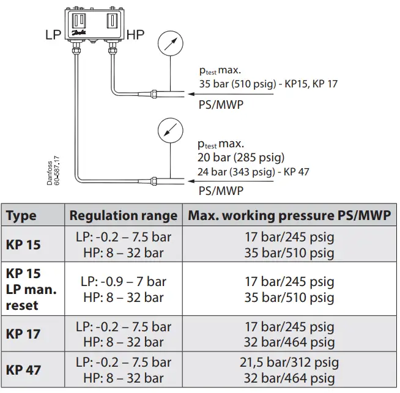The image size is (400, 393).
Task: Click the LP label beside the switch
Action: (54, 35)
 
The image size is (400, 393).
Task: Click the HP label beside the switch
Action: (135, 35)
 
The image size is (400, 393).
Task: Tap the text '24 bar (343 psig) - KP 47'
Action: (253, 172)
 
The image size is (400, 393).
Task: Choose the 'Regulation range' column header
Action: (123, 216)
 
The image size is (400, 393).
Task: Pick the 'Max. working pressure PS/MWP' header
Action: (289, 216)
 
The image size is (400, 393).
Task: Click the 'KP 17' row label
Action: (24, 334)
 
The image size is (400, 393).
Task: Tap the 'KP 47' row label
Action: (24, 370)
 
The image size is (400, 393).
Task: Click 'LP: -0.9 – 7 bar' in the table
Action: (123, 282)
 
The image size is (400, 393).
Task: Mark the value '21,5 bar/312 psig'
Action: (289, 363)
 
